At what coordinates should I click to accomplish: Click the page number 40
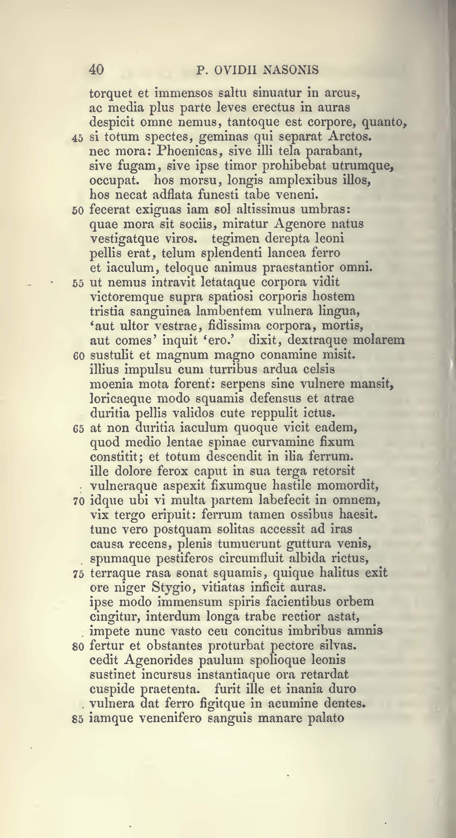[x=96, y=69]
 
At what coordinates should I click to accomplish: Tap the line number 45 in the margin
[x=78, y=138]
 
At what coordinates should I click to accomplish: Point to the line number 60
[x=78, y=356]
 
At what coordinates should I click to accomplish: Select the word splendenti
[x=231, y=254]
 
